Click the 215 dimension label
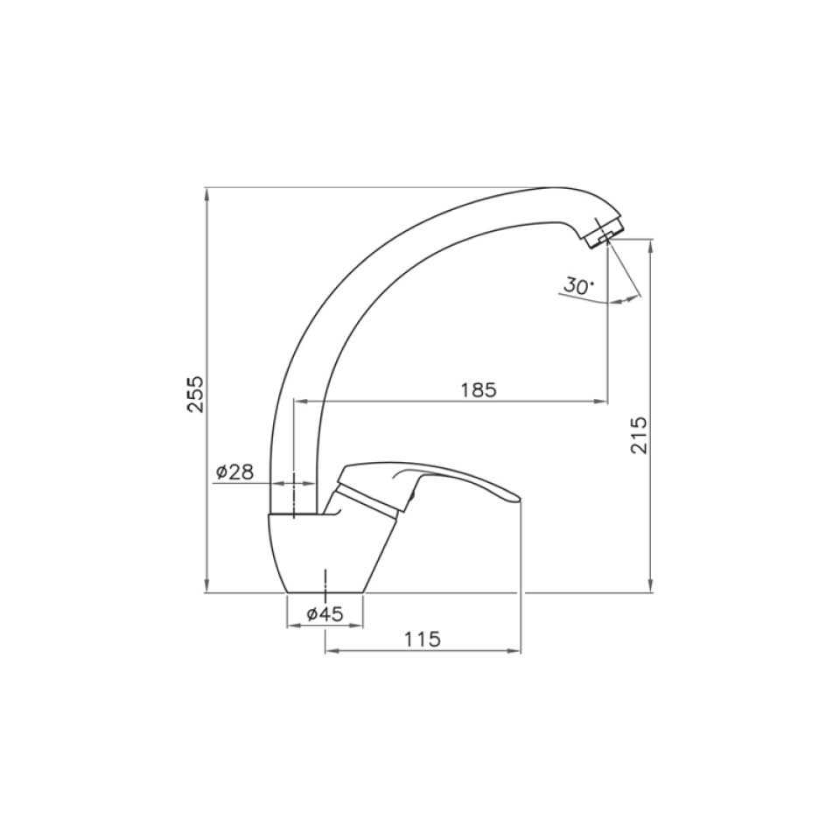[x=639, y=435]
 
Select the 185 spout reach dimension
[x=479, y=389]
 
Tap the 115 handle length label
[x=422, y=639]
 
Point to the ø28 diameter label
[x=234, y=472]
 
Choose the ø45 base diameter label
[x=325, y=613]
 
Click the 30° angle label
[x=578, y=285]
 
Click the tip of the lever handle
[x=520, y=500]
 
